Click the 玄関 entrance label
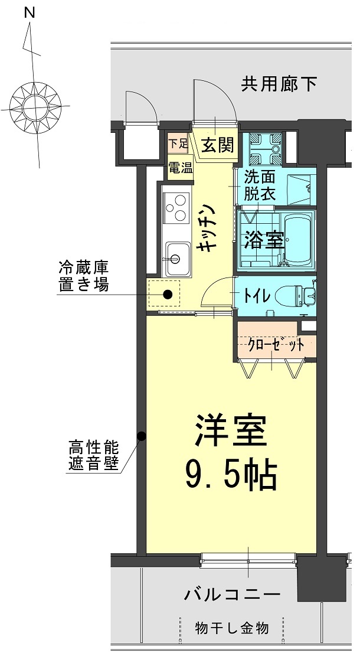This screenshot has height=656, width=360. (x=217, y=145)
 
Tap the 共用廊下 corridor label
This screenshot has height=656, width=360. (x=279, y=84)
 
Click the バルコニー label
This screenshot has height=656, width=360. (x=232, y=593)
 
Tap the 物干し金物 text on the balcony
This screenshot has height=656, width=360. (x=232, y=627)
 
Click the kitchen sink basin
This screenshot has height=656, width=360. (x=176, y=258)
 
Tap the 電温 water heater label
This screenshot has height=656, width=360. (x=180, y=167)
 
